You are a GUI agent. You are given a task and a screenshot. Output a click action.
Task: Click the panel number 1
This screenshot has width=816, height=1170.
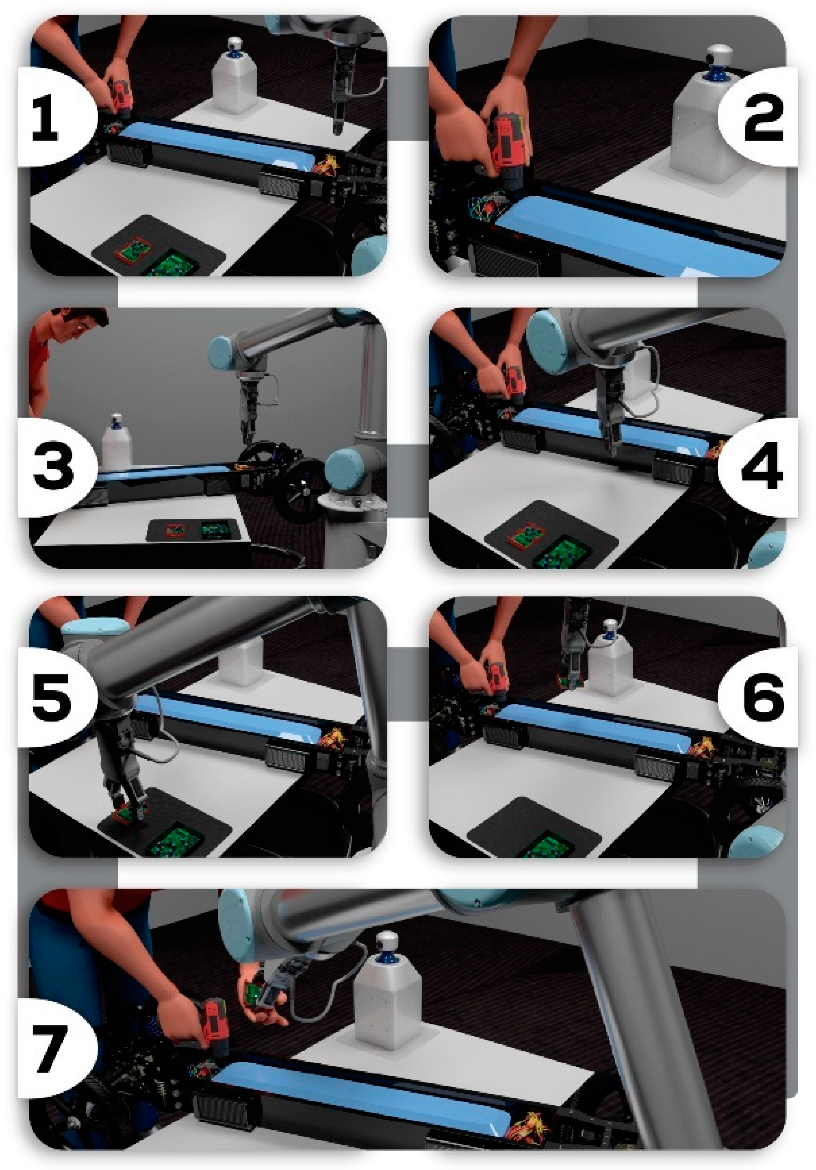click(x=46, y=119)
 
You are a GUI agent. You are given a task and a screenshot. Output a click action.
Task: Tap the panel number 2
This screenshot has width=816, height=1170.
click(x=763, y=119)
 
